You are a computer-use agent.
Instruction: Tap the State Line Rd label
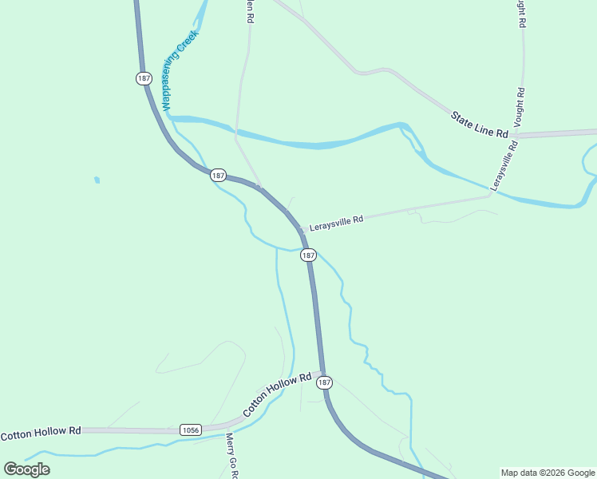pos(480,125)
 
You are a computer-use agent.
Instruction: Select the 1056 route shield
pos(190,430)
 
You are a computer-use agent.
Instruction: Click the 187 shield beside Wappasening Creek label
pos(143,78)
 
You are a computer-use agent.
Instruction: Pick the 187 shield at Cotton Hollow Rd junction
pos(324,383)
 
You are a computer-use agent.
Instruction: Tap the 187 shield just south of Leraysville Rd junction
pos(309,255)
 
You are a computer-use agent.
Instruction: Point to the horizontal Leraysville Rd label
pos(336,219)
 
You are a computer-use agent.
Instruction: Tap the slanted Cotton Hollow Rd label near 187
pos(276,394)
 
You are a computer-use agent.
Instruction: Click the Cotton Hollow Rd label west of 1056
pos(41,433)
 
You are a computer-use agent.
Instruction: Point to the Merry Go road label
pos(231,455)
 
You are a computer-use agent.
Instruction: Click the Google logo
pos(26,469)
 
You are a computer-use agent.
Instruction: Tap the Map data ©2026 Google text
pos(548,473)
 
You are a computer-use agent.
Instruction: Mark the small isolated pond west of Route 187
pos(97,180)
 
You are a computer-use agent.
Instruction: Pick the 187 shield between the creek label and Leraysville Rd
pos(219,175)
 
